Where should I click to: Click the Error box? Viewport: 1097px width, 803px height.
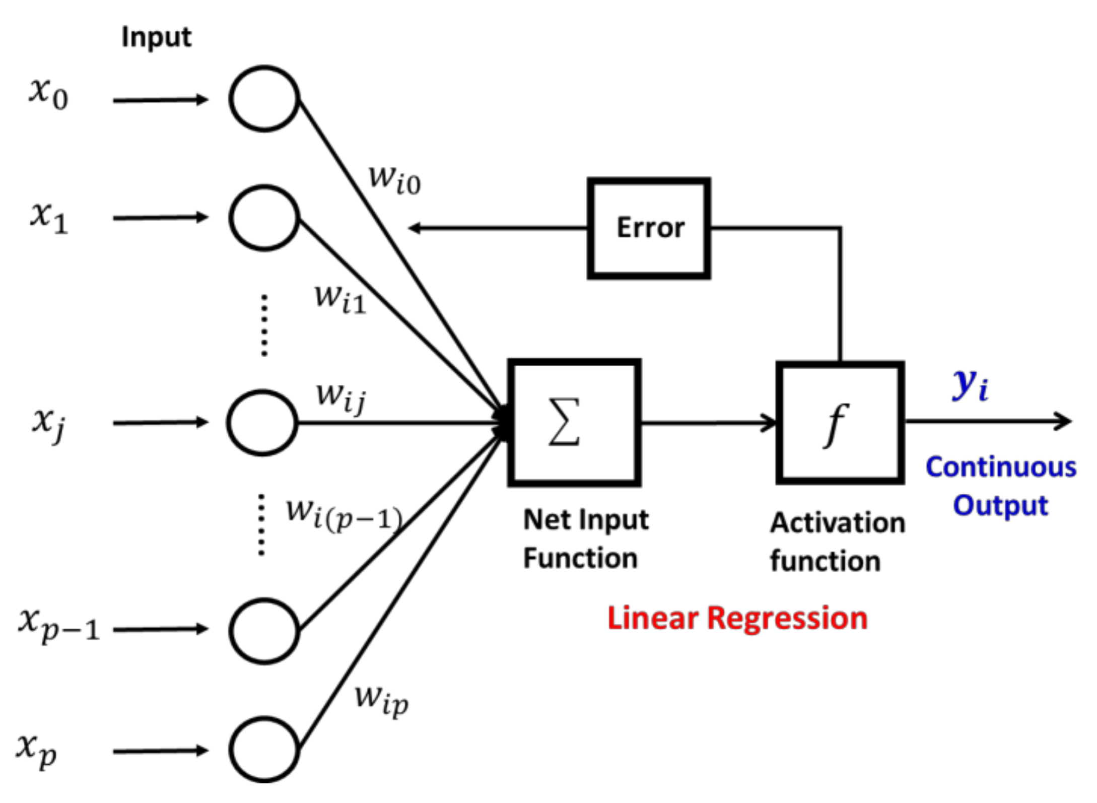pyautogui.click(x=649, y=228)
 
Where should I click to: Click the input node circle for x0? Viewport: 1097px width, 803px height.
pyautogui.click(x=264, y=99)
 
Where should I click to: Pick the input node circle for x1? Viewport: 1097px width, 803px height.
pyautogui.click(x=264, y=218)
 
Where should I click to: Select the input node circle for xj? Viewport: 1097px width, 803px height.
pyautogui.click(x=262, y=423)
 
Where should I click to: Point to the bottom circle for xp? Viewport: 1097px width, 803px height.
pyautogui.click(x=264, y=750)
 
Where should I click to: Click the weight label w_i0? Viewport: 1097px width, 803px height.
pyautogui.click(x=394, y=180)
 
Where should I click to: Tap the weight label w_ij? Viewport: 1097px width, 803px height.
pyautogui.click(x=341, y=397)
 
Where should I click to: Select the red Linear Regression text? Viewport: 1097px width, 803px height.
pyautogui.click(x=737, y=618)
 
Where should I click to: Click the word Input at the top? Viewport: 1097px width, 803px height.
pyautogui.click(x=156, y=37)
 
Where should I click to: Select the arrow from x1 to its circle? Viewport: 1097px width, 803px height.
pyautogui.click(x=160, y=218)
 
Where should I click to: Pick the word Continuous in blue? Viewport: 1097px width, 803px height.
pyautogui.click(x=1001, y=467)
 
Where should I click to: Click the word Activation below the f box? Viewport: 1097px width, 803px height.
pyautogui.click(x=837, y=523)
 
